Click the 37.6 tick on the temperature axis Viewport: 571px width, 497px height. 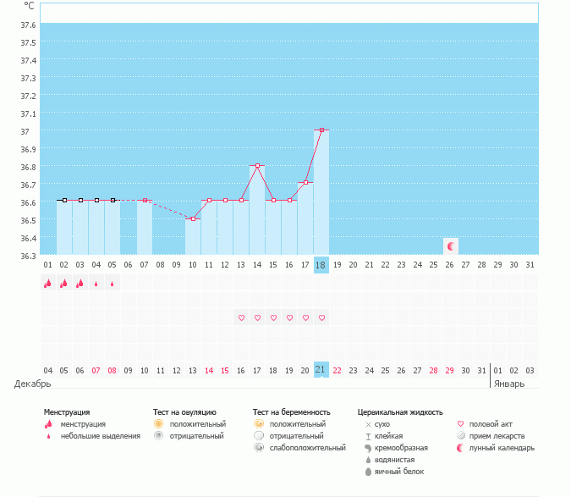click(x=28, y=25)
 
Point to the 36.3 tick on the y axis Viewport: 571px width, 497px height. click(x=28, y=256)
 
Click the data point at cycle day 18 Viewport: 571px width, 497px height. click(x=321, y=130)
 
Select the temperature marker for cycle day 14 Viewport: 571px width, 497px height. click(x=257, y=165)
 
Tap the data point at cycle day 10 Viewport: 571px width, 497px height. click(x=193, y=218)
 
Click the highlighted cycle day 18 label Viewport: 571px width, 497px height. click(x=321, y=264)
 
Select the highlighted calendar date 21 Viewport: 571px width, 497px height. click(x=321, y=370)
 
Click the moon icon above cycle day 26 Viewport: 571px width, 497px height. click(x=451, y=246)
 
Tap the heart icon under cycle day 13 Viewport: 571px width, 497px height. click(x=241, y=318)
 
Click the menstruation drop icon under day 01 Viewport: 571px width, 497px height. click(x=47, y=284)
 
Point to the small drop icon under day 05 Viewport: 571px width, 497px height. click(x=113, y=284)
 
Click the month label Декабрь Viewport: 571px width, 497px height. click(x=32, y=384)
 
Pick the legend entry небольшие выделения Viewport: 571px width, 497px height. click(x=100, y=435)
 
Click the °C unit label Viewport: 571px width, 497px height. click(x=29, y=6)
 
